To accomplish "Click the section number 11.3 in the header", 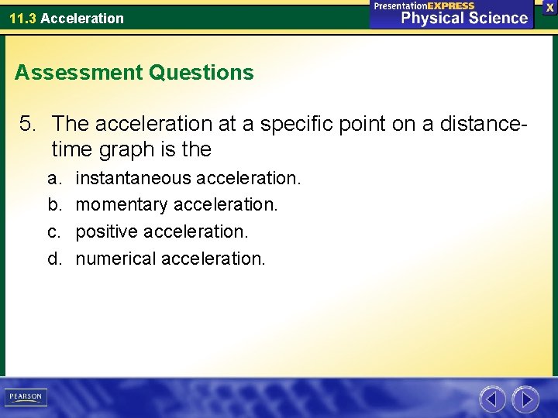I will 23,18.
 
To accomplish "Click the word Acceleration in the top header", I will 82,18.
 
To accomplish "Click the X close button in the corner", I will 549,7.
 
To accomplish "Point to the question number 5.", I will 29,123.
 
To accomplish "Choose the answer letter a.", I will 53,179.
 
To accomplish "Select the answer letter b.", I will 53,205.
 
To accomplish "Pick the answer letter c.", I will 53,231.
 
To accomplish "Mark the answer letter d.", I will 53,258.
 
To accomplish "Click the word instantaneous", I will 133,178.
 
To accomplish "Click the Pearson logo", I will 26,397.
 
